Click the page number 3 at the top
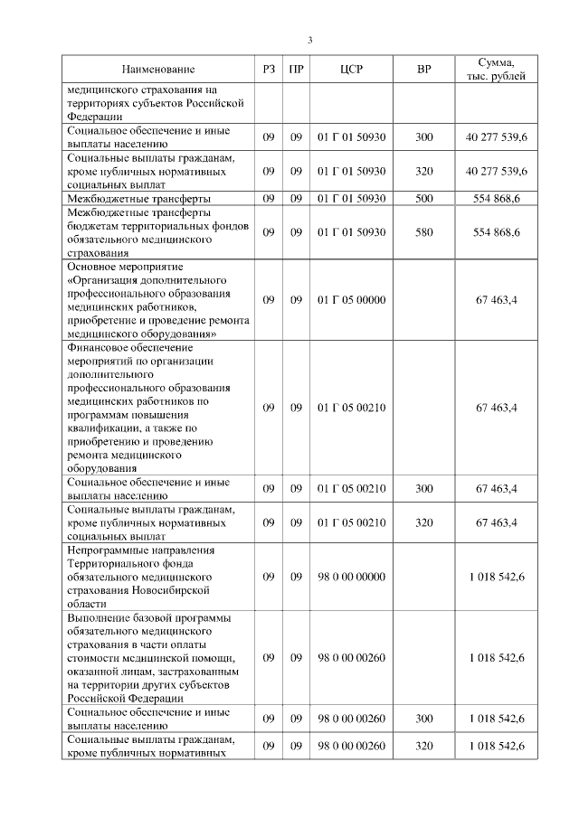310,40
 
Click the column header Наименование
158,69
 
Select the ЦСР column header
351,69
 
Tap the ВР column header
423,69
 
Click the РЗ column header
268,69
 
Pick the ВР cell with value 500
423,198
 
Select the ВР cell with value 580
423,232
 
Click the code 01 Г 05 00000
351,300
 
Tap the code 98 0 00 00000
351,577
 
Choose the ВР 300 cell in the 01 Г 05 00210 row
423,489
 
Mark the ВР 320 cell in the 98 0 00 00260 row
423,746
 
